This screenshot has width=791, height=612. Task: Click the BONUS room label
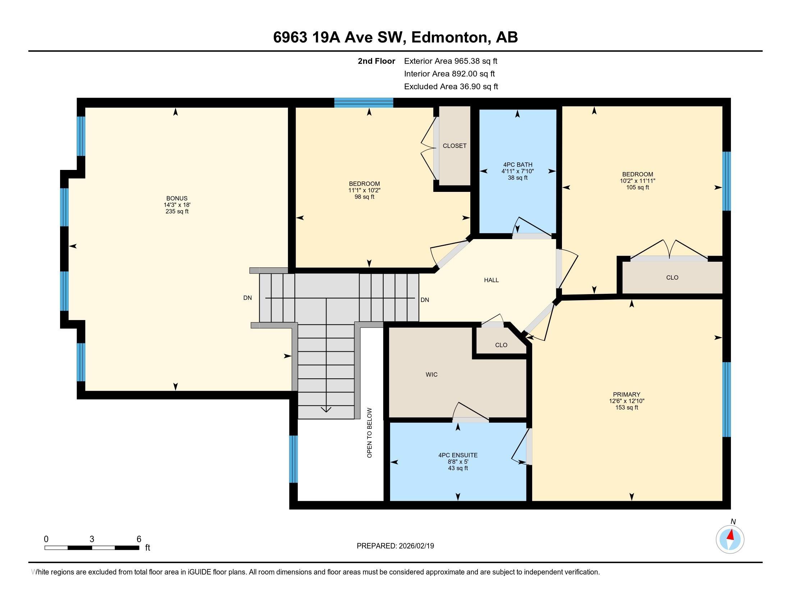tap(177, 198)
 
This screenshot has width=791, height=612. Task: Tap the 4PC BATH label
tap(517, 165)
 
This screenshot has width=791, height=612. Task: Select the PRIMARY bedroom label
tap(627, 395)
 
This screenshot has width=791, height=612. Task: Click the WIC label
tap(431, 374)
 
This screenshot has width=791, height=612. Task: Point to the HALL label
tap(491, 280)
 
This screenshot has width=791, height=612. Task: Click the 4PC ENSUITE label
tap(458, 455)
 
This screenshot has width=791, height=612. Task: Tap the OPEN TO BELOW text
tap(369, 433)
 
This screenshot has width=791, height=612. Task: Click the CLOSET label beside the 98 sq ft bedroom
tap(454, 146)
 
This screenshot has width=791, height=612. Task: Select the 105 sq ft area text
tap(637, 188)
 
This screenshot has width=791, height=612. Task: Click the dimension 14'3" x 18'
tap(177, 205)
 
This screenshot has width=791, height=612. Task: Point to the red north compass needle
tap(731, 535)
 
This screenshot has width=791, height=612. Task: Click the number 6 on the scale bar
tap(139, 539)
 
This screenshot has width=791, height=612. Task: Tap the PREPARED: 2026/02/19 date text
tap(395, 546)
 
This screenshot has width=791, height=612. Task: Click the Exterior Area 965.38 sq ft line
tap(451, 61)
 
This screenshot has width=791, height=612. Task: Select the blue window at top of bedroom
tap(364, 103)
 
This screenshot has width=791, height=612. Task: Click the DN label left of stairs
tap(247, 298)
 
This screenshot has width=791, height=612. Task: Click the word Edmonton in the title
tap(449, 37)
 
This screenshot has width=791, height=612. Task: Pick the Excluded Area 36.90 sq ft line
tap(451, 86)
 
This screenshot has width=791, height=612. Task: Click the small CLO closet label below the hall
tap(501, 345)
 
